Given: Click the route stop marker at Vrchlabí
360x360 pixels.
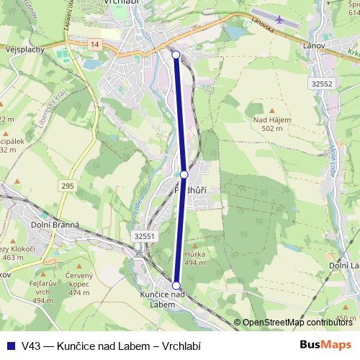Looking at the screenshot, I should [176, 54].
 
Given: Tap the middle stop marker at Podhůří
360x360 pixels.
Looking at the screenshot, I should [184, 174].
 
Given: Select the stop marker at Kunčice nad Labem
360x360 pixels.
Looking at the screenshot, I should [176, 285].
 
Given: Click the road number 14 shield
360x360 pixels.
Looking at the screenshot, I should [94, 45].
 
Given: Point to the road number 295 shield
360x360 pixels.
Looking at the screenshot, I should [68, 186].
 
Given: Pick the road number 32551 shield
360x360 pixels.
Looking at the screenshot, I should [144, 235].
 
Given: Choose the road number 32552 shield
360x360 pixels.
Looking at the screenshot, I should [322, 84].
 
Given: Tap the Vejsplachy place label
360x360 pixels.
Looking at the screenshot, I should [24, 50].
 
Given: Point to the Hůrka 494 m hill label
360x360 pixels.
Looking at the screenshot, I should [194, 258].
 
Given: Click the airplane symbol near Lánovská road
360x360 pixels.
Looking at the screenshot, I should [278, 17].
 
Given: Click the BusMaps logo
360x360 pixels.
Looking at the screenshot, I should [325, 346].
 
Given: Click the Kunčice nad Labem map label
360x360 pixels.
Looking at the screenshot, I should [163, 299].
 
